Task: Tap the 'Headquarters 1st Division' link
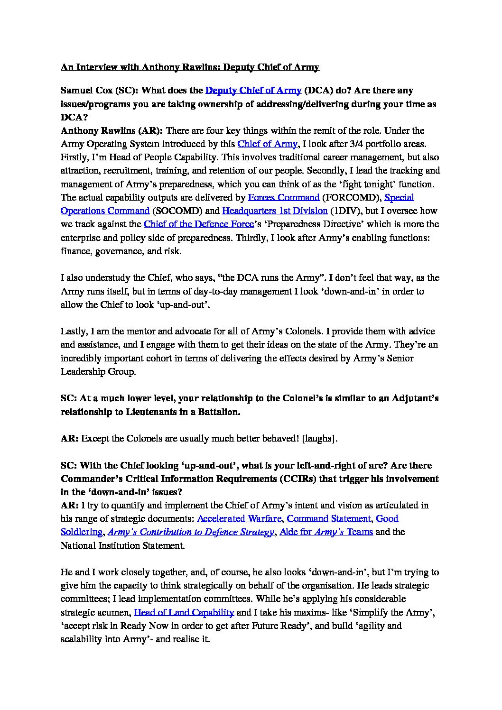(x=275, y=211)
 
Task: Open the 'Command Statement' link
(x=329, y=518)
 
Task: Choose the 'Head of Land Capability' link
(x=184, y=612)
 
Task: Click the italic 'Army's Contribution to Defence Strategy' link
(x=191, y=532)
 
